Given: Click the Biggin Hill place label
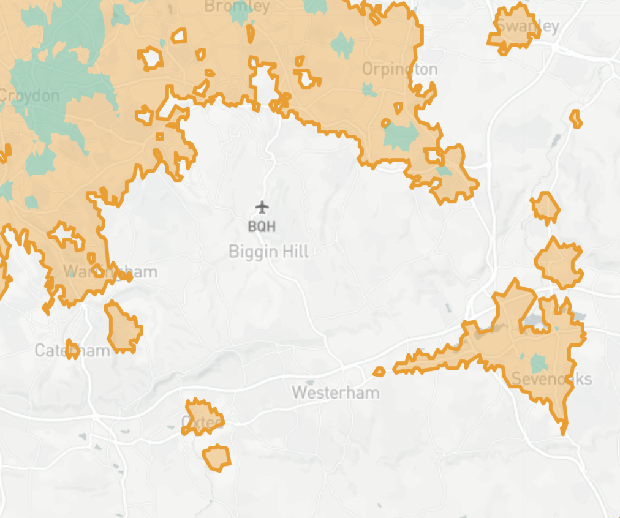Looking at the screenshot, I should [x=268, y=252].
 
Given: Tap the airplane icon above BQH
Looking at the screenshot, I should [x=262, y=207].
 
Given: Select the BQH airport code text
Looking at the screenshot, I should [x=262, y=227].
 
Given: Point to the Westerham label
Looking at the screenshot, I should [x=336, y=392].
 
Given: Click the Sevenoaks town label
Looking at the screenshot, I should [x=551, y=379].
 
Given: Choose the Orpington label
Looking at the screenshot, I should [x=399, y=69].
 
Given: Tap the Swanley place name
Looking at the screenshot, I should [x=527, y=26].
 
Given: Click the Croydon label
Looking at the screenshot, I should [x=29, y=96].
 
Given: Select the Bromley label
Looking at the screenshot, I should [x=237, y=7].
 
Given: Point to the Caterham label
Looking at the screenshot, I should [x=72, y=350].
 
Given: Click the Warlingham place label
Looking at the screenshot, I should [x=110, y=271].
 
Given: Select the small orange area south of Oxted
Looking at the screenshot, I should [x=216, y=457].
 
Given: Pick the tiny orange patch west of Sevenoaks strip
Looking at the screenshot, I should [x=379, y=371].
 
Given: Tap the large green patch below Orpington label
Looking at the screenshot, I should [x=401, y=135].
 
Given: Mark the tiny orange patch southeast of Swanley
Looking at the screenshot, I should [x=576, y=118].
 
